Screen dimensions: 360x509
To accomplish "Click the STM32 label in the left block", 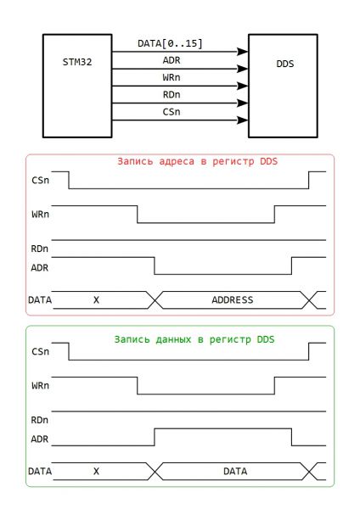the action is [77, 62].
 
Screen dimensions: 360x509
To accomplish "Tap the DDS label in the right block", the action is [285, 64].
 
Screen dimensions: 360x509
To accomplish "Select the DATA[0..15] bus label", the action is [170, 43].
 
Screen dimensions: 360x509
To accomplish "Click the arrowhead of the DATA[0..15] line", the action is [242, 52].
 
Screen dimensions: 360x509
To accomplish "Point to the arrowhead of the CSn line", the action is [242, 120].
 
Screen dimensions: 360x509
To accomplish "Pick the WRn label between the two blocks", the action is [172, 77].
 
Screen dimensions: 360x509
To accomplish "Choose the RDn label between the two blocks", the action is [172, 95].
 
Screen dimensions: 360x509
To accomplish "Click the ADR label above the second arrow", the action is [172, 60].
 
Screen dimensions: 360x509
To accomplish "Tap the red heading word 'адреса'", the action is [177, 162].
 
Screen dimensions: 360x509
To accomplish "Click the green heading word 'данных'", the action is [173, 339].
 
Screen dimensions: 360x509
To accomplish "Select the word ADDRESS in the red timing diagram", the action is [233, 299].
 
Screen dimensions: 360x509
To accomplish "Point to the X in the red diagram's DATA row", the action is [96, 299].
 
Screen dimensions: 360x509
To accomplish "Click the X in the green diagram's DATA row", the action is [96, 471].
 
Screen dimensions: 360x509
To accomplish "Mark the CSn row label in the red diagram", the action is [40, 180].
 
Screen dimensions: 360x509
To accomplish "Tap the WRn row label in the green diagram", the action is [40, 386].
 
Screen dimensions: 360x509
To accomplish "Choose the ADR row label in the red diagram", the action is [40, 268].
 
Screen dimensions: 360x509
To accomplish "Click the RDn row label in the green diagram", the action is [40, 420].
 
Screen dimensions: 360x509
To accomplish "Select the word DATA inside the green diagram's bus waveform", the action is [235, 471].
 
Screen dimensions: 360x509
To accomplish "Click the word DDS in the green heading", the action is [266, 339].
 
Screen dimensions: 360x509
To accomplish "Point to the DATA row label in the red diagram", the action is [40, 299].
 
